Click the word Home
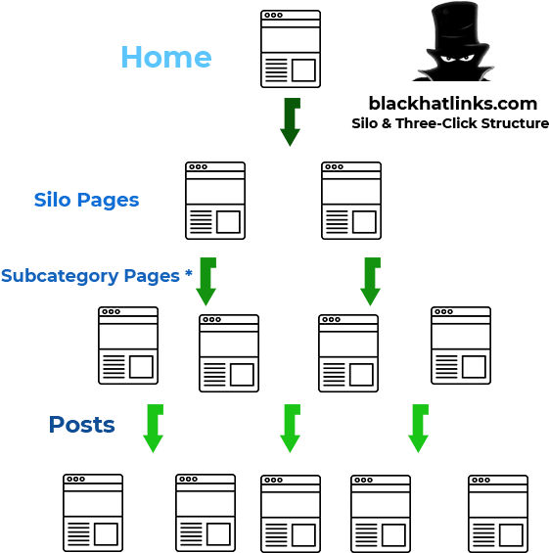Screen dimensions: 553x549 tap(165, 57)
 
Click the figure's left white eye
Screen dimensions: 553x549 tap(445, 58)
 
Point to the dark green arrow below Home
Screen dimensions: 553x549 tap(290, 121)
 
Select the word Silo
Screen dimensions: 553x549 tap(53, 200)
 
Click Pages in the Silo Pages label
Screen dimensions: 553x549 tap(108, 201)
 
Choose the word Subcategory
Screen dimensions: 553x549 tap(60, 276)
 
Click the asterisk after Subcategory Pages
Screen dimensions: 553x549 tap(188, 274)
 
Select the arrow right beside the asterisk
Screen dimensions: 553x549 tap(206, 282)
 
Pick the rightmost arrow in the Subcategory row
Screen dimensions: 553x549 tap(370, 282)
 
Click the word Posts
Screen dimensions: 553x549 tap(82, 425)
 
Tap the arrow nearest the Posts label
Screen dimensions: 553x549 tap(153, 428)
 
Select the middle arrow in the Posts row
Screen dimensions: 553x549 tap(290, 428)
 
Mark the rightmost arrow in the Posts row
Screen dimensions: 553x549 tap(418, 428)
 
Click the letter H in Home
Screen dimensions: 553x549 tap(131, 57)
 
